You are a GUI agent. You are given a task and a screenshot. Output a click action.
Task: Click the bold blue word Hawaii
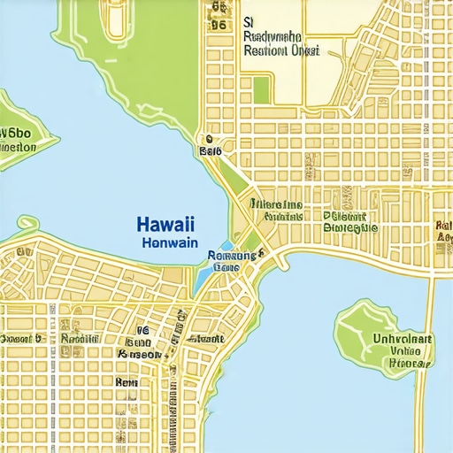166,225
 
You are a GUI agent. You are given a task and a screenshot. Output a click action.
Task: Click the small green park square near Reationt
260,88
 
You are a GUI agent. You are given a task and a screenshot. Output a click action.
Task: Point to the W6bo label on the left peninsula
15,134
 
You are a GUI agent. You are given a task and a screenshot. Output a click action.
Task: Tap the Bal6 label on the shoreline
210,151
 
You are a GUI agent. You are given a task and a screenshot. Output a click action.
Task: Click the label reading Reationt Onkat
281,50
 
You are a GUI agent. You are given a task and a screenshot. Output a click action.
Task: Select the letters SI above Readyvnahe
249,20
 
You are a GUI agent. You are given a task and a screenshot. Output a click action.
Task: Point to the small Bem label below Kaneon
126,382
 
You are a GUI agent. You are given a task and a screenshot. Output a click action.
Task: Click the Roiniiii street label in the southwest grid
79,338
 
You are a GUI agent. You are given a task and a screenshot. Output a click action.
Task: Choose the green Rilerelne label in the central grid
276,204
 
